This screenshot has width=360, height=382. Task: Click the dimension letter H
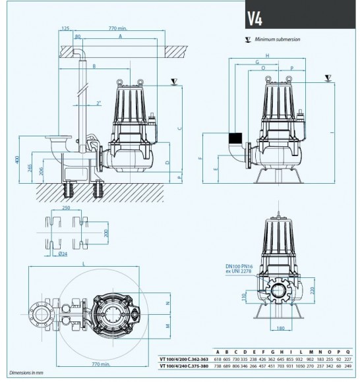(267, 55)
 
